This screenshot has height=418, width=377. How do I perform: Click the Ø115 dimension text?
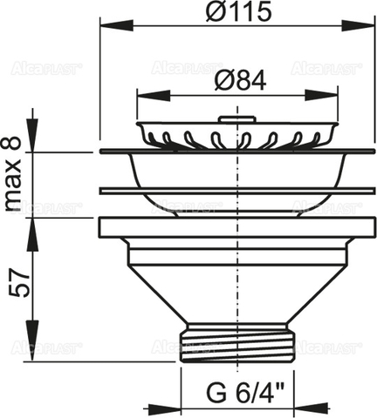click(x=230, y=12)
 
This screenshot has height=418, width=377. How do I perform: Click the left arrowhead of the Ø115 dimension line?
click(x=106, y=27)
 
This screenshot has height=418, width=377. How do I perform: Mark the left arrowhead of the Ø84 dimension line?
click(x=142, y=97)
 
